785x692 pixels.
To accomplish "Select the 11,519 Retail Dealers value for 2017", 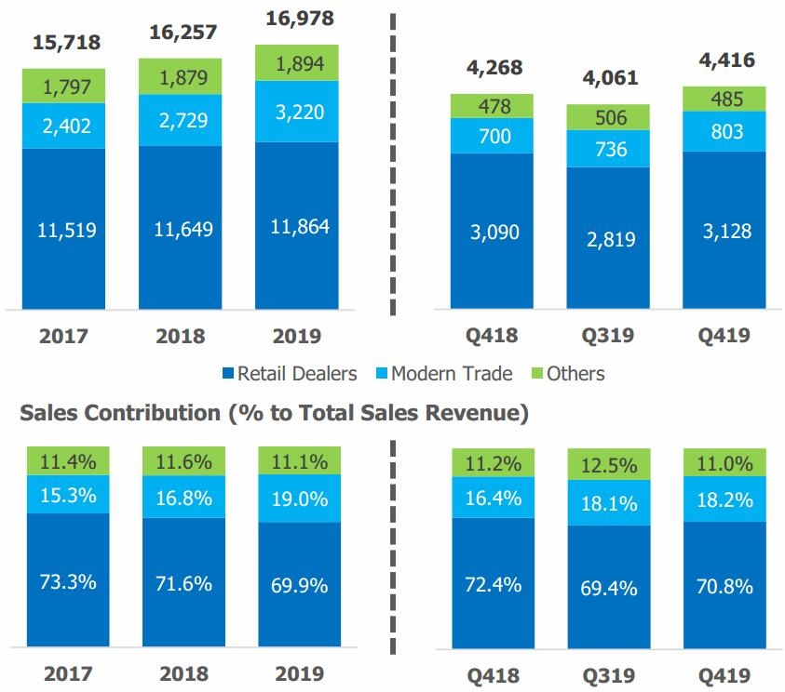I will click(x=66, y=229).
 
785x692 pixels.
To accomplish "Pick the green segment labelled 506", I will click(x=607, y=117).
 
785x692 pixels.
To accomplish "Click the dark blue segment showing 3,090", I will click(x=492, y=231).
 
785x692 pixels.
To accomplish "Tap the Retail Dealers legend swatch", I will click(x=227, y=374).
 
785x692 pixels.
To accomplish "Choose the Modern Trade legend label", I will click(x=452, y=374).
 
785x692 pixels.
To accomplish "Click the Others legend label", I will click(x=575, y=374).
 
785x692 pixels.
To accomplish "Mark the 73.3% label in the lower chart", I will click(x=67, y=581).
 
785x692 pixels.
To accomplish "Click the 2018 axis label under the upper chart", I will click(x=183, y=336).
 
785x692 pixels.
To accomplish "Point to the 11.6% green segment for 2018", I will click(x=183, y=459).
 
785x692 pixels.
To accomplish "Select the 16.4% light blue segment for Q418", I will click(x=492, y=499).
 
